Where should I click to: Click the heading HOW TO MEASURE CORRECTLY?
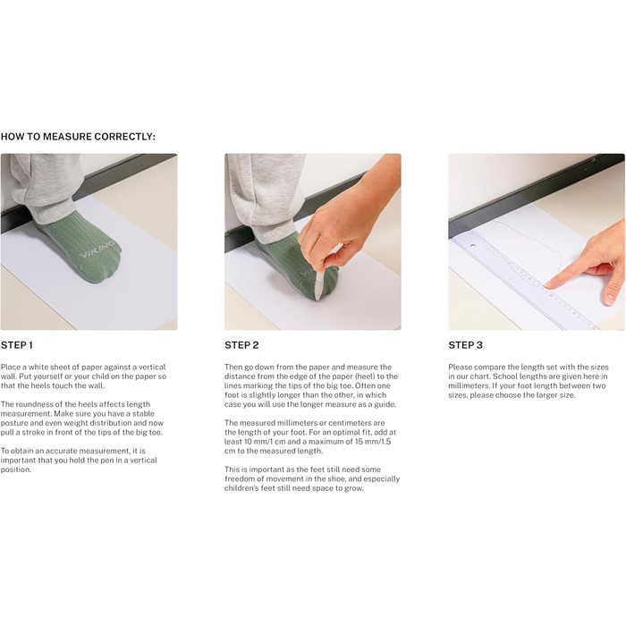pyautogui.click(x=78, y=137)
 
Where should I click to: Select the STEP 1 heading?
pyautogui.click(x=17, y=345)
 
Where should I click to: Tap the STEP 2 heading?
pyautogui.click(x=241, y=345)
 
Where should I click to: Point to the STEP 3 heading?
pyautogui.click(x=466, y=345)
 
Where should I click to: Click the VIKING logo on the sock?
pyautogui.click(x=97, y=250)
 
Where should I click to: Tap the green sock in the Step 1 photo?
pyautogui.click(x=79, y=250)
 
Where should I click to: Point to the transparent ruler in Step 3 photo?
pyautogui.click(x=523, y=280)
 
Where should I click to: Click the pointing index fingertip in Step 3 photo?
pyautogui.click(x=550, y=284)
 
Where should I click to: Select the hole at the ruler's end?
pyautogui.click(x=473, y=246)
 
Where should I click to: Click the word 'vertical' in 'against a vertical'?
pyautogui.click(x=152, y=367)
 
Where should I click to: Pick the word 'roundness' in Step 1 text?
pyautogui.click(x=33, y=404)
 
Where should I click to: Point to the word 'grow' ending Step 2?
pyautogui.click(x=354, y=488)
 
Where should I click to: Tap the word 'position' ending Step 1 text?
pyautogui.click(x=16, y=469)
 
